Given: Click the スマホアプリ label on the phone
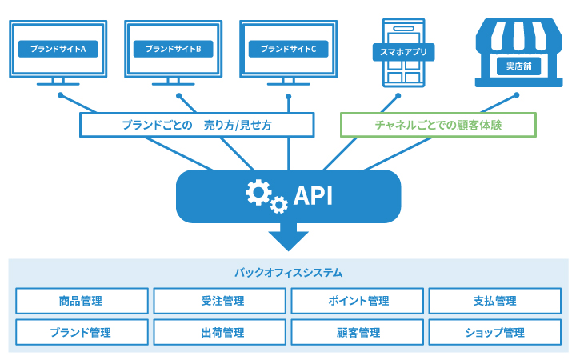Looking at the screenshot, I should pyautogui.click(x=402, y=54).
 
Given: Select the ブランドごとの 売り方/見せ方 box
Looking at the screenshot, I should pyautogui.click(x=197, y=125).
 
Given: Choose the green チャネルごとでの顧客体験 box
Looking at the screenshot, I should pyautogui.click(x=438, y=125).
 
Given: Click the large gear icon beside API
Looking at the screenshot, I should pyautogui.click(x=258, y=192).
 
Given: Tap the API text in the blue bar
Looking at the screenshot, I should pyautogui.click(x=313, y=195).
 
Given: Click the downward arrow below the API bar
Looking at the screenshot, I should pyautogui.click(x=288, y=238).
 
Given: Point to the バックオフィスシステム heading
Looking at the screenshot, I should pyautogui.click(x=288, y=273).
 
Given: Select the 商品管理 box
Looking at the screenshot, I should pyautogui.click(x=81, y=301).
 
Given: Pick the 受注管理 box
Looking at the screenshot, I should pyautogui.click(x=219, y=301).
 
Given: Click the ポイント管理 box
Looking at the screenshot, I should pyautogui.click(x=357, y=301).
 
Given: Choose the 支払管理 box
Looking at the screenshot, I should pyautogui.click(x=495, y=301).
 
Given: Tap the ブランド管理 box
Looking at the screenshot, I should pyautogui.click(x=81, y=332).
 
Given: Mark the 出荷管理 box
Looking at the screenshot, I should pyautogui.click(x=219, y=332).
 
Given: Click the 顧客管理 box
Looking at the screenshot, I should pyautogui.click(x=357, y=332).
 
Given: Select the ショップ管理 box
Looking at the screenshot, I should pyautogui.click(x=495, y=332).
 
